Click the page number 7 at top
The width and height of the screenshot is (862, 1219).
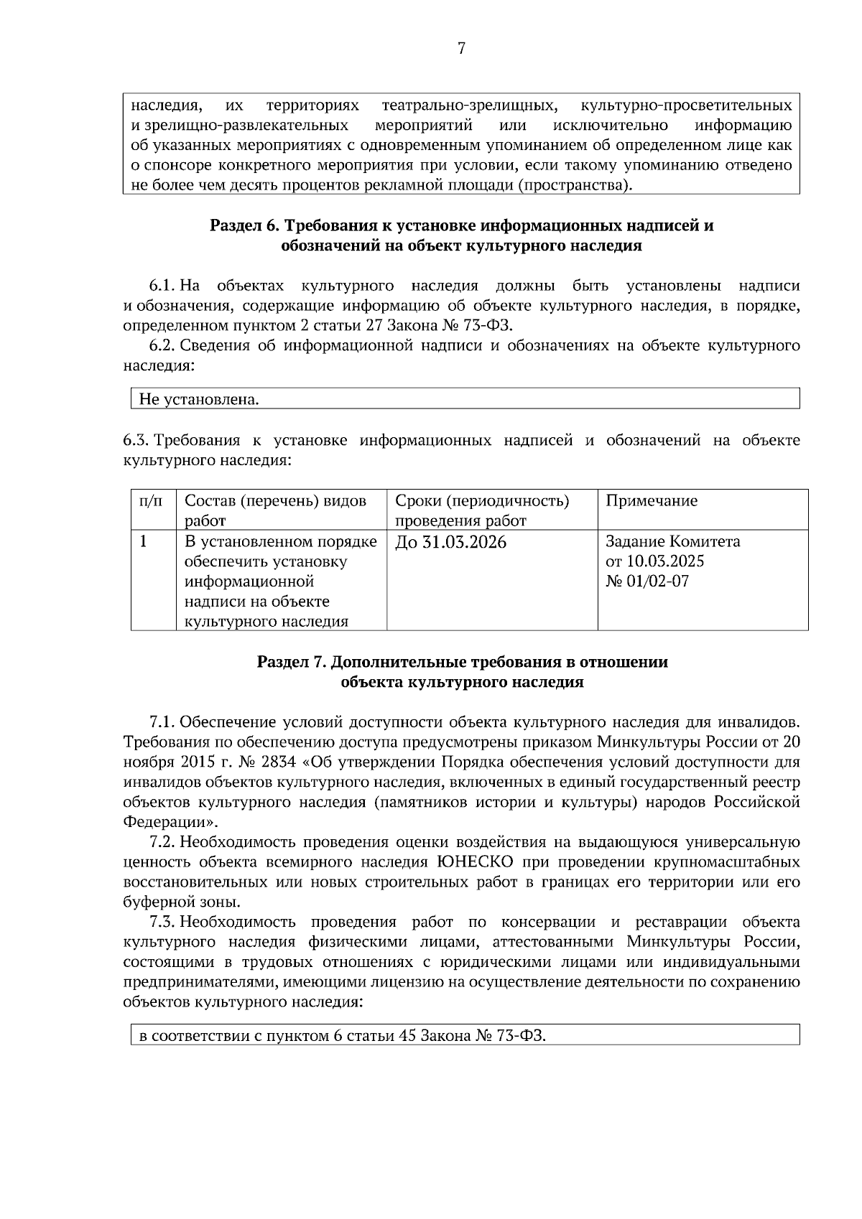(x=461, y=49)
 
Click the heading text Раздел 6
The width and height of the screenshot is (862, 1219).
(x=244, y=225)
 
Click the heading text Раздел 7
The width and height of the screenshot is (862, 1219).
(x=291, y=662)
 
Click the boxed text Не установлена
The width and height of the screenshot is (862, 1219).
(x=199, y=399)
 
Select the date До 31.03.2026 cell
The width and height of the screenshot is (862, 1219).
(x=450, y=542)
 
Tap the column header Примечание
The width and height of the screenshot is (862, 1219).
(x=652, y=500)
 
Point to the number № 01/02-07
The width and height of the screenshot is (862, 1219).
(x=647, y=582)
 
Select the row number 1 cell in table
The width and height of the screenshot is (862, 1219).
(x=143, y=541)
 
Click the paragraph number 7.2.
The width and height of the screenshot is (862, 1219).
(x=162, y=842)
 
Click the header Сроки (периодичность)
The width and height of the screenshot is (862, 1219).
(x=482, y=500)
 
